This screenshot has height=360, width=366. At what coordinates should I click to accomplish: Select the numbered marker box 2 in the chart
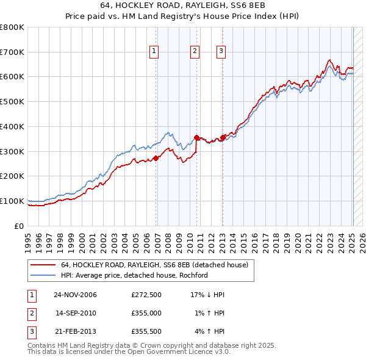pyautogui.click(x=195, y=52)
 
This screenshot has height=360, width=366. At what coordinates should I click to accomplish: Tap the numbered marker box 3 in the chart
pyautogui.click(x=220, y=52)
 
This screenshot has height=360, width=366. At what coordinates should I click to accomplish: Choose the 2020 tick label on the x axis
pyautogui.click(x=297, y=240)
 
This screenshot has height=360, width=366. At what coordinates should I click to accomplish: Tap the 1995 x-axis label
pyautogui.click(x=27, y=240)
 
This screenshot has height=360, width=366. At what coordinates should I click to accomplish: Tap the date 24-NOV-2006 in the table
pyautogui.click(x=76, y=294)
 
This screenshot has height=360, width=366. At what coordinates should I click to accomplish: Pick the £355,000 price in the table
pyautogui.click(x=146, y=313)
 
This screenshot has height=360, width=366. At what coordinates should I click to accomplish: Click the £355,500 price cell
pyautogui.click(x=146, y=332)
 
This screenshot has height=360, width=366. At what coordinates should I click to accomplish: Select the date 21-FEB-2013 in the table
pyautogui.click(x=76, y=332)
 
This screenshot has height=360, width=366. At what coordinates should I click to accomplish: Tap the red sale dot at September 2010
pyautogui.click(x=196, y=137)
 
